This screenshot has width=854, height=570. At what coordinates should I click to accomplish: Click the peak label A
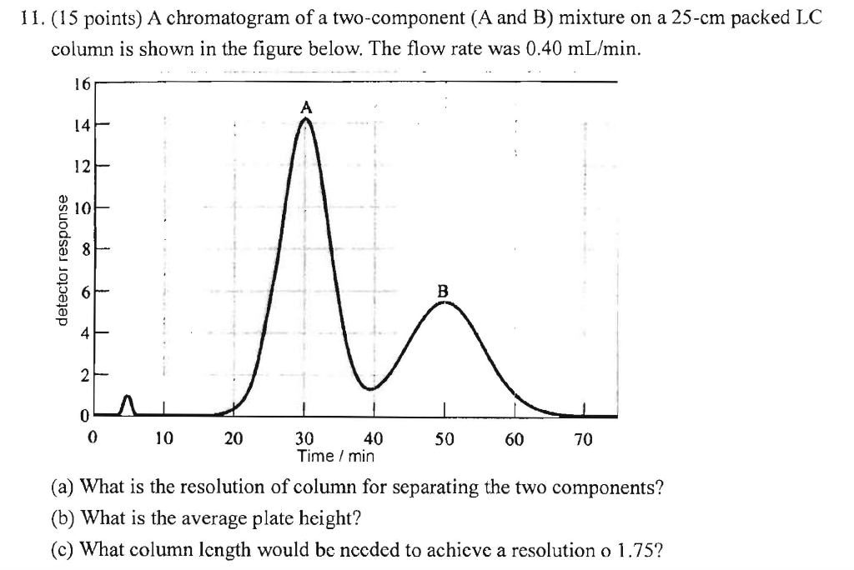click(x=306, y=107)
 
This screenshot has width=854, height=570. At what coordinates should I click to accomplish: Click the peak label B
click(x=443, y=291)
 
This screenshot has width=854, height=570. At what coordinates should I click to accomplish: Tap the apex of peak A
click(x=306, y=119)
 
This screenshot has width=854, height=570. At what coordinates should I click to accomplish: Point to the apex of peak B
click(x=445, y=302)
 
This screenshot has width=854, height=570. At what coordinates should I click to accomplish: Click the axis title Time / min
click(x=335, y=456)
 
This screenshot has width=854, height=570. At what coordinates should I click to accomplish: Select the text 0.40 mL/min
click(x=584, y=48)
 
